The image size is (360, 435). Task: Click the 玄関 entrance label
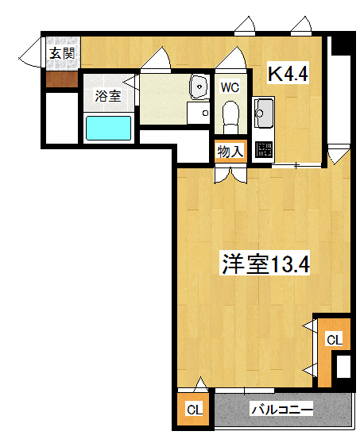(x=62, y=53)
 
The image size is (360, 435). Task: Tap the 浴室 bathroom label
(x=108, y=96)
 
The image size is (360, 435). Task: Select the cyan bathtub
(x=108, y=128)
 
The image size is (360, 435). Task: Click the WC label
(x=230, y=87)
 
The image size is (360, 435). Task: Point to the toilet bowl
(x=230, y=115)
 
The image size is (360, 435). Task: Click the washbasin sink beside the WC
(x=199, y=87)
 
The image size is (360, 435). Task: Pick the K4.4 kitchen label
(x=288, y=74)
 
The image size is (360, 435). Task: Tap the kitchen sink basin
(x=263, y=113)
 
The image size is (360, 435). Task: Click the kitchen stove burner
(x=263, y=149)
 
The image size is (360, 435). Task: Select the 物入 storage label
(x=230, y=152)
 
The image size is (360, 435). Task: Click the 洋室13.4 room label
(x=265, y=264)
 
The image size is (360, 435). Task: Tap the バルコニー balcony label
(x=282, y=410)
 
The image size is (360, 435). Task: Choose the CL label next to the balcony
(x=195, y=410)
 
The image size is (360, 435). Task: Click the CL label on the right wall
(x=334, y=340)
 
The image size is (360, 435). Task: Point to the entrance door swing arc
(x=29, y=52)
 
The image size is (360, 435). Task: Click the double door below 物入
(x=230, y=174)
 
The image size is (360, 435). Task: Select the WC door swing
(x=231, y=57)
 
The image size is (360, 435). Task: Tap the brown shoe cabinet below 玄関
(x=62, y=79)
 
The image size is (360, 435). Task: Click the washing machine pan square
(x=199, y=113)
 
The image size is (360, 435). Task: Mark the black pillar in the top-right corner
(x=343, y=44)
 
